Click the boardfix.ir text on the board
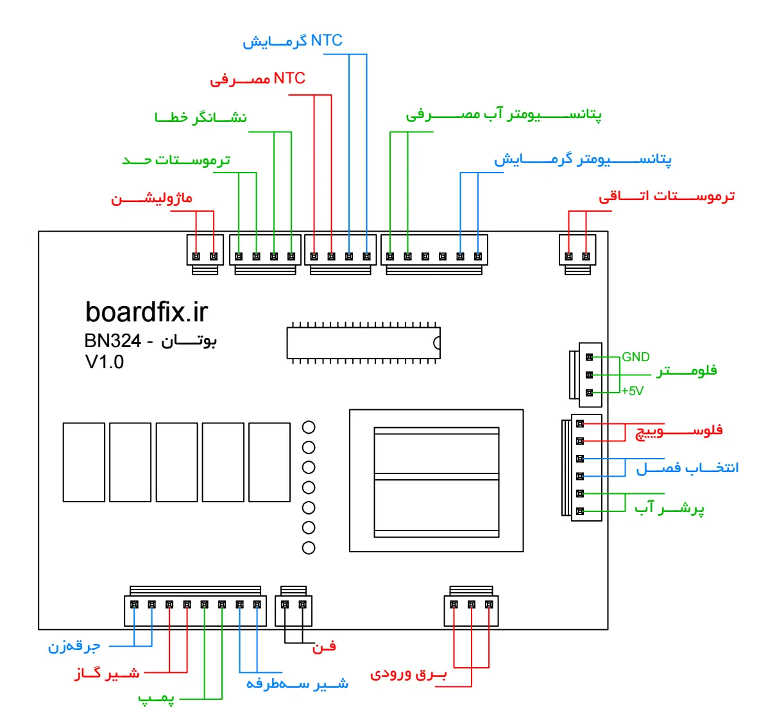tap(146, 312)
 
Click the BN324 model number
tap(112, 341)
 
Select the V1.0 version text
tap(105, 362)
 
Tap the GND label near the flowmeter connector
tap(636, 357)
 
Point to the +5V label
tap(633, 391)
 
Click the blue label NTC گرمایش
tap(293, 41)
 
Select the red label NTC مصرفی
tap(257, 79)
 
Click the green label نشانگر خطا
tap(201, 117)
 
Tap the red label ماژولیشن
tap(151, 198)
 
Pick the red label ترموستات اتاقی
tap(667, 196)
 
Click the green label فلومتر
tap(686, 371)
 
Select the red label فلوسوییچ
tap(679, 430)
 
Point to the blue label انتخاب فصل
tap(687, 468)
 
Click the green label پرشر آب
tap(669, 508)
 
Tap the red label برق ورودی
tap(408, 674)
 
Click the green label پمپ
tap(156, 698)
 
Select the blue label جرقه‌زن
tap(74, 646)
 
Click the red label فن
tap(324, 646)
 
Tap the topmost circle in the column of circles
tap(309, 427)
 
